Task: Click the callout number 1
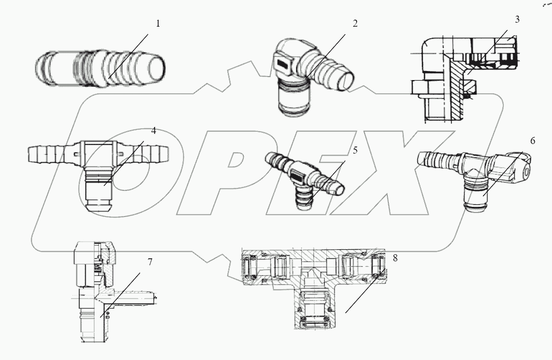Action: tap(158, 24)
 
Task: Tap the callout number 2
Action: tap(355, 24)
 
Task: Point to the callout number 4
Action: tap(154, 130)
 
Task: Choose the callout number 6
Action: tap(532, 141)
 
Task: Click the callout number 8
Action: tap(395, 258)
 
